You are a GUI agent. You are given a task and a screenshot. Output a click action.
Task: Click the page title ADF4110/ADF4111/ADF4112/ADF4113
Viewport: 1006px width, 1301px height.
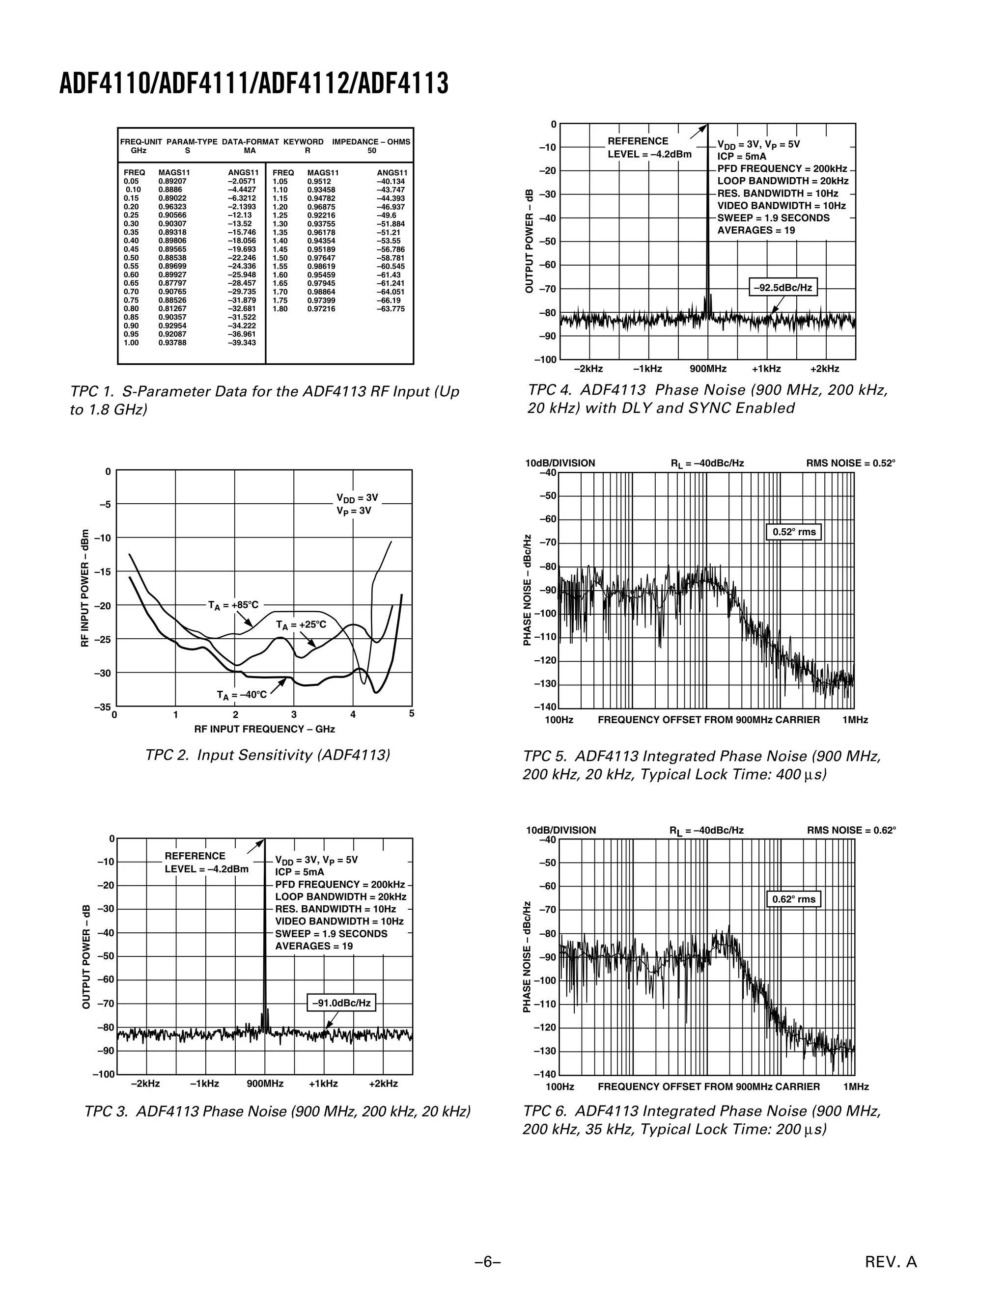pos(253,83)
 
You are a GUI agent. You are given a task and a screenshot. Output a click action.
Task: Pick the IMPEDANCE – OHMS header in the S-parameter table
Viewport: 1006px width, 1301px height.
pos(371,142)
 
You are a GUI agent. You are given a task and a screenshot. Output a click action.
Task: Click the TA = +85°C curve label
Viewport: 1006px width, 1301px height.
pos(233,605)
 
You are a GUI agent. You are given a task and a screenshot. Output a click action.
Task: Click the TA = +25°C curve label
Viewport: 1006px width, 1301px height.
pos(301,625)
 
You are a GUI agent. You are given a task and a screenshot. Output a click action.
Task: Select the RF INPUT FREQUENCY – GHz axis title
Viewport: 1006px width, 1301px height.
pos(264,729)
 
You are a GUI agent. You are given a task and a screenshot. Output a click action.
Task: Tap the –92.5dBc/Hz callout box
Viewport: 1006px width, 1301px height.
pos(782,288)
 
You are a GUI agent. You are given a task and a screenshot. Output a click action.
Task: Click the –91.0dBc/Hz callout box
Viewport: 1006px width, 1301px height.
pos(341,1003)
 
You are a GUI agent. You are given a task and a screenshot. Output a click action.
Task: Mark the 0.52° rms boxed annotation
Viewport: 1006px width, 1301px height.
pos(794,532)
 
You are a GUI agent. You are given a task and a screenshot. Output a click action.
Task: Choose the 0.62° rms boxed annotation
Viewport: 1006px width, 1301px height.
pos(793,899)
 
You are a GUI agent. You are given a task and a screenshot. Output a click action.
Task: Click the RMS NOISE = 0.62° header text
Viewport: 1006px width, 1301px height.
pos(851,830)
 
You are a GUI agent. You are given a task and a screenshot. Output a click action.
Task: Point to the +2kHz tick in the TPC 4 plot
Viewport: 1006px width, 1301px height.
pos(825,369)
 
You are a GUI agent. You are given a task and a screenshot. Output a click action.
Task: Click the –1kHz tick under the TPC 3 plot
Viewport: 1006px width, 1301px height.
pos(204,1084)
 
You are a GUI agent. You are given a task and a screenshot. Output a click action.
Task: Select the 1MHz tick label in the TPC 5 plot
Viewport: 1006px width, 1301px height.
pos(855,720)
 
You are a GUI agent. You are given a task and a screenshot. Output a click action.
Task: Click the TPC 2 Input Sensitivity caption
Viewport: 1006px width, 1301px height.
pos(268,756)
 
